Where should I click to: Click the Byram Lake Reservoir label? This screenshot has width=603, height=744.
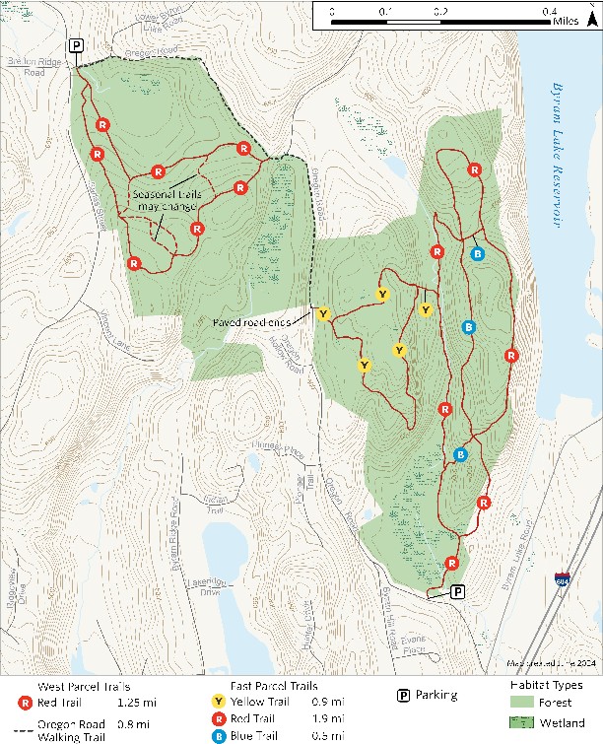click(560, 152)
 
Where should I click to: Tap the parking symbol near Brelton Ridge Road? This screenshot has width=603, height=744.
click(76, 45)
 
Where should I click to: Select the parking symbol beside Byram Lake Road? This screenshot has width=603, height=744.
click(457, 591)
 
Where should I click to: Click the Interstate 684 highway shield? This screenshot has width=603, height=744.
click(562, 580)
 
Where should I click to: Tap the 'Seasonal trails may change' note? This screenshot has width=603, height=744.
click(167, 200)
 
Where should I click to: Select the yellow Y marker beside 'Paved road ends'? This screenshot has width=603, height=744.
click(323, 313)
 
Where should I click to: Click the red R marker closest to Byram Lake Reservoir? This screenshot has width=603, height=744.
click(510, 355)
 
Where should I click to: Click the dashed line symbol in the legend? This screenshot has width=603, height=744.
click(22, 725)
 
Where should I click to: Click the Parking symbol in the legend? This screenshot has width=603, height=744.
click(403, 695)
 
